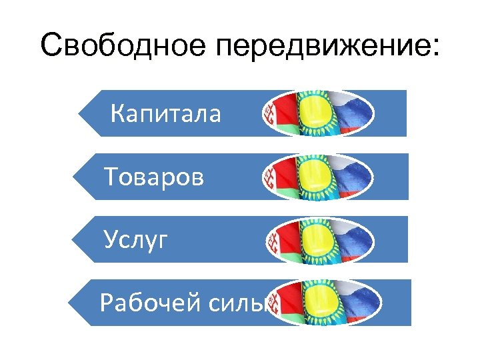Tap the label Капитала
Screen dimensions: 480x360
coord(165,114)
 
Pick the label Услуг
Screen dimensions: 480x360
coord(136,240)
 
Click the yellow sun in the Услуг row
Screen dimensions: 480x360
coord(319,239)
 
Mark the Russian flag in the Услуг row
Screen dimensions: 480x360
coord(356,239)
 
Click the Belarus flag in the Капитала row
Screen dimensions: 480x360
coord(280,112)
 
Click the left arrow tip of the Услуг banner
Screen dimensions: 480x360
coord(76,239)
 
